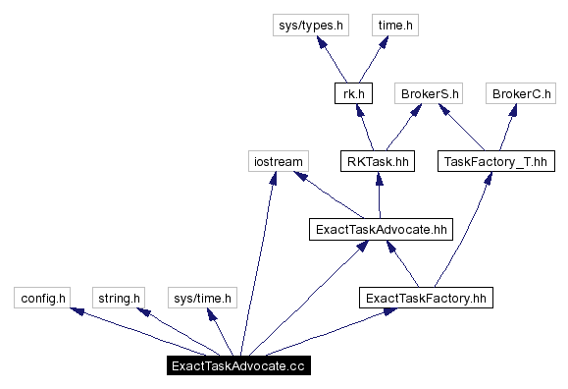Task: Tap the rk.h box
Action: click(355, 94)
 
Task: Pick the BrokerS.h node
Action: click(430, 94)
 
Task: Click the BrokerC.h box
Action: click(520, 94)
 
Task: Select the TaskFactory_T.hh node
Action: click(496, 161)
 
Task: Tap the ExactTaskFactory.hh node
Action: click(425, 297)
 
